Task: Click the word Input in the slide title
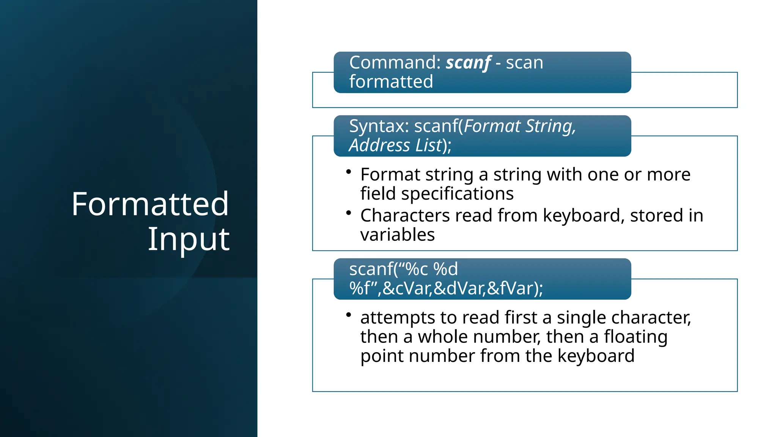[x=189, y=239]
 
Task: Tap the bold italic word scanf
[x=468, y=63]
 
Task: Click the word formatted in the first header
[x=391, y=82]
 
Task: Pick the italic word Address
[x=379, y=145]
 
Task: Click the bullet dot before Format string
[x=348, y=172]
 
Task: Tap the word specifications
[x=457, y=194]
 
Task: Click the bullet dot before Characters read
[x=348, y=213]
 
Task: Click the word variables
[x=397, y=235]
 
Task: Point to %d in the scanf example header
[x=445, y=269]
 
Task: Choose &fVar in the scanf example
[x=510, y=288]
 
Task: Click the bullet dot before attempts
[x=348, y=315]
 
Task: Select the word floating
[x=635, y=336]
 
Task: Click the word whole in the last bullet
[x=442, y=336]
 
